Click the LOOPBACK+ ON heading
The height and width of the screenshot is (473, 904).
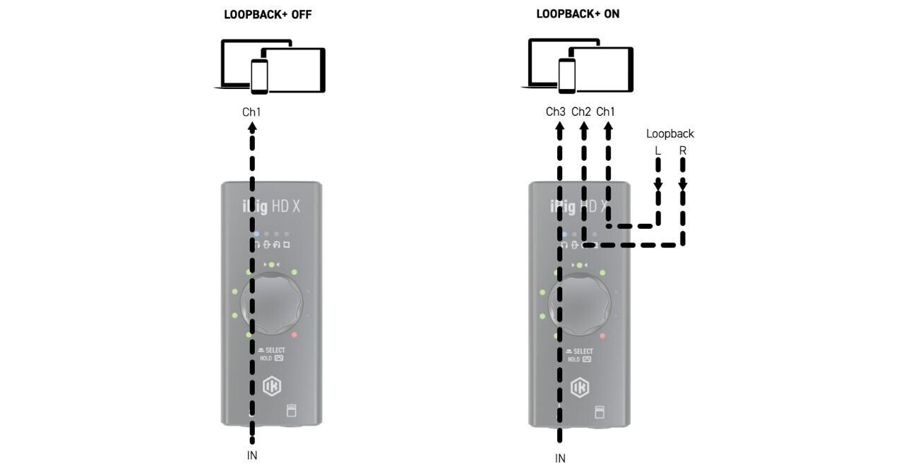click(x=578, y=14)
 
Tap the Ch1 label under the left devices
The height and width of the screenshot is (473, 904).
click(x=251, y=112)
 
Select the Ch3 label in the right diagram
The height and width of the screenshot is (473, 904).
click(x=556, y=112)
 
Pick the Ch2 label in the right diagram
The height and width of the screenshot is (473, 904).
click(x=581, y=112)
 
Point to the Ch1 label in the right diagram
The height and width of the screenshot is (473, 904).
click(x=606, y=112)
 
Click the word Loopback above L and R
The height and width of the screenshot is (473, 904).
click(x=670, y=133)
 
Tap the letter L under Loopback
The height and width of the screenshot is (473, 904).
click(x=658, y=151)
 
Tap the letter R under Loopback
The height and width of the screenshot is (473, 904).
click(x=683, y=151)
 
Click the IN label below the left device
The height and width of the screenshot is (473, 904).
click(x=252, y=455)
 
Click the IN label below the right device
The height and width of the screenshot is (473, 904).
click(x=560, y=458)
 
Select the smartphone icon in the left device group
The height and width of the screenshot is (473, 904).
click(x=260, y=76)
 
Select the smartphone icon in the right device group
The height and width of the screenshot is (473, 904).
click(x=567, y=76)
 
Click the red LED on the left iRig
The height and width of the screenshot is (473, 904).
click(x=295, y=335)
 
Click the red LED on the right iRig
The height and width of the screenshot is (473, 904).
click(x=602, y=335)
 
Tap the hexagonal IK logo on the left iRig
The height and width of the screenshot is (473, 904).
click(x=272, y=386)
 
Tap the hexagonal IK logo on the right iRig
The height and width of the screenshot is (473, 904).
click(x=580, y=386)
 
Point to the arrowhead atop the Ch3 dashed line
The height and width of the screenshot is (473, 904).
click(x=559, y=128)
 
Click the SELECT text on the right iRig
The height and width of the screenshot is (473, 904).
click(x=583, y=351)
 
